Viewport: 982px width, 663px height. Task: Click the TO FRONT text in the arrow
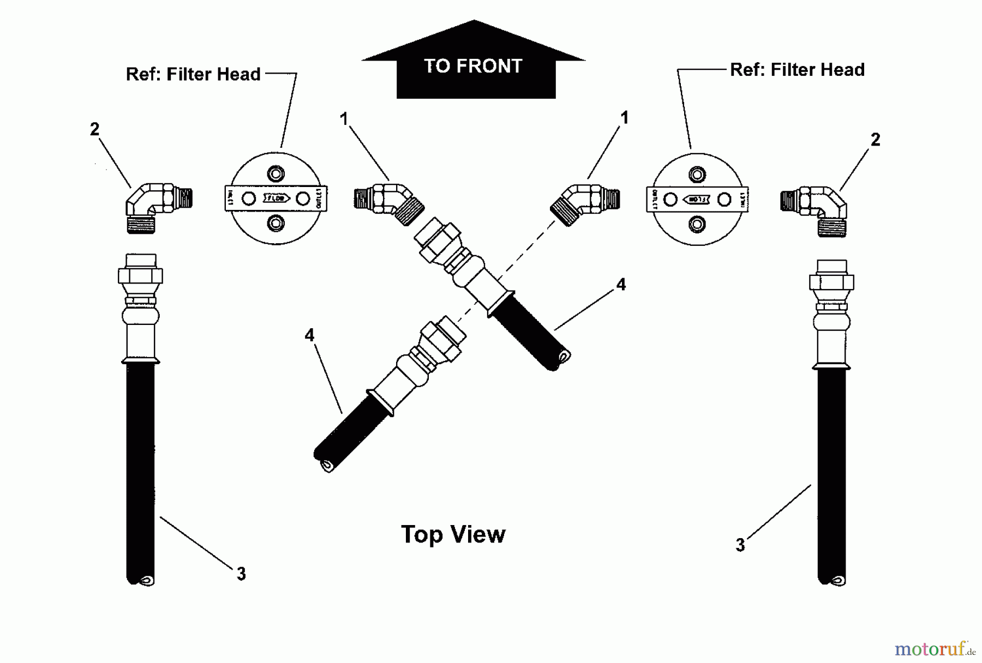point(473,67)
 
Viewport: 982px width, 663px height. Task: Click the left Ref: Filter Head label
point(193,74)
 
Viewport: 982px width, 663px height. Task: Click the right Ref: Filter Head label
point(797,70)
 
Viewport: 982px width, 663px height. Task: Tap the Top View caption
point(453,534)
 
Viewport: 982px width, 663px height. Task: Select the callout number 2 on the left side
point(94,129)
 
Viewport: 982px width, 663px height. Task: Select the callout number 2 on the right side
point(875,140)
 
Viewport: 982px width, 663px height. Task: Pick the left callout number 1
point(344,119)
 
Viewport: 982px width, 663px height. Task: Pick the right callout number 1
point(624,118)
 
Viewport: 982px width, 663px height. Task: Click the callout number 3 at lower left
point(241,574)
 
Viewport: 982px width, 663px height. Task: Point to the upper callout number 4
point(621,285)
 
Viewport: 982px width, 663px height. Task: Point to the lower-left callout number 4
point(309,335)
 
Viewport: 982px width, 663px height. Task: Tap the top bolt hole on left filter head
point(276,174)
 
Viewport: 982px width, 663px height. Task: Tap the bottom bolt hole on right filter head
point(697,224)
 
